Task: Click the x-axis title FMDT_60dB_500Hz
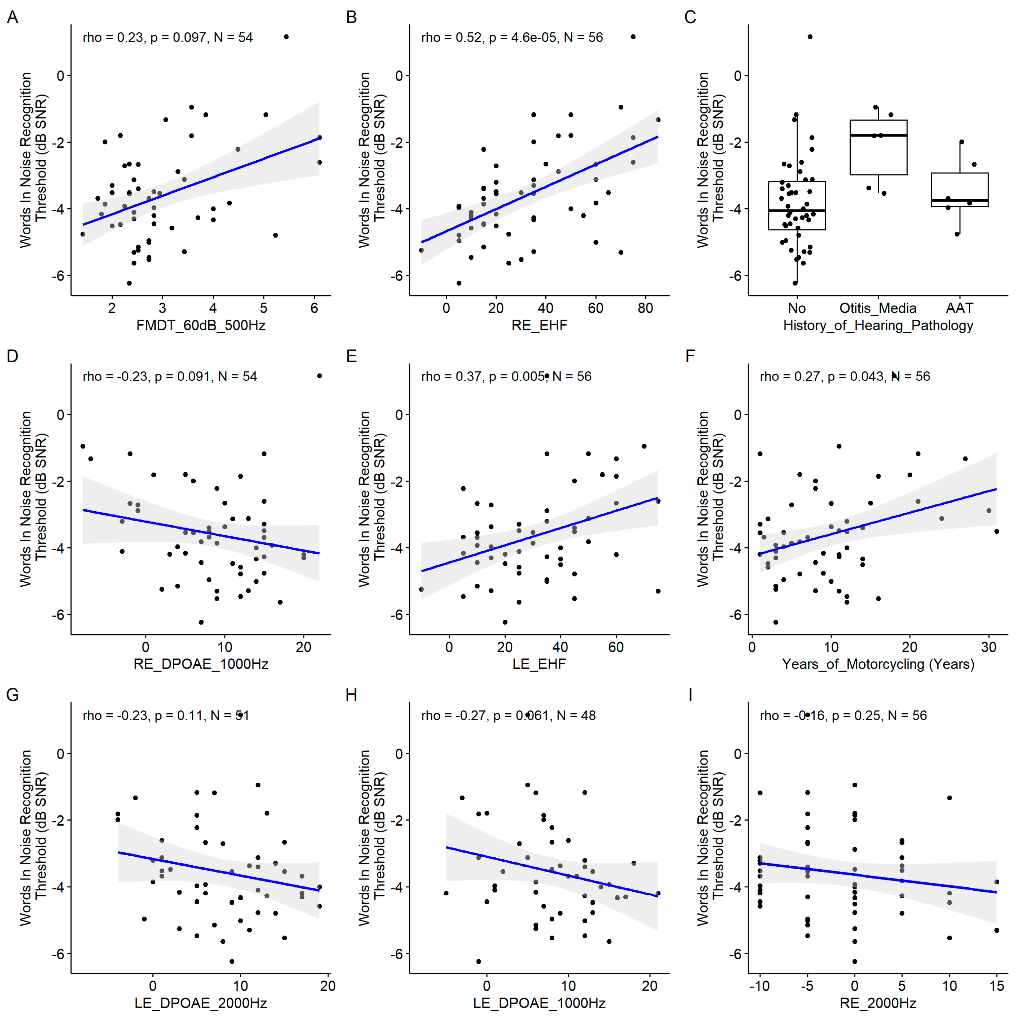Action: pyautogui.click(x=201, y=325)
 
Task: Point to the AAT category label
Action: pyautogui.click(x=959, y=308)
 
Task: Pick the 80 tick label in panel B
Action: pyautogui.click(x=645, y=308)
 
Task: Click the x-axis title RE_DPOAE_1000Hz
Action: pyautogui.click(x=201, y=664)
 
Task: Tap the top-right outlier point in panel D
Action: pyautogui.click(x=320, y=376)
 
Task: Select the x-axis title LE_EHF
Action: pyautogui.click(x=539, y=664)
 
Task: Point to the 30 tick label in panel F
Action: pyautogui.click(x=989, y=647)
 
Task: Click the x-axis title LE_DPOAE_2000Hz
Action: pyautogui.click(x=201, y=1003)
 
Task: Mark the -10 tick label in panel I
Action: pyautogui.click(x=759, y=986)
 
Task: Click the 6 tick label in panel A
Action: pyautogui.click(x=314, y=308)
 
